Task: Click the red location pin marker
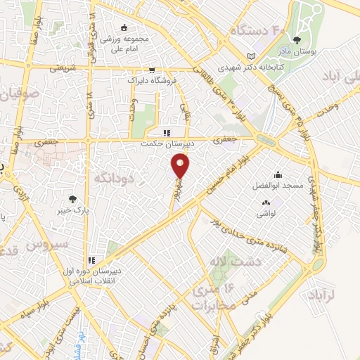181,166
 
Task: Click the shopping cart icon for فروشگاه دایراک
151,70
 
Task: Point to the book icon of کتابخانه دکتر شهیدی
252,57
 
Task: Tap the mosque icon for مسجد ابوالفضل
279,176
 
